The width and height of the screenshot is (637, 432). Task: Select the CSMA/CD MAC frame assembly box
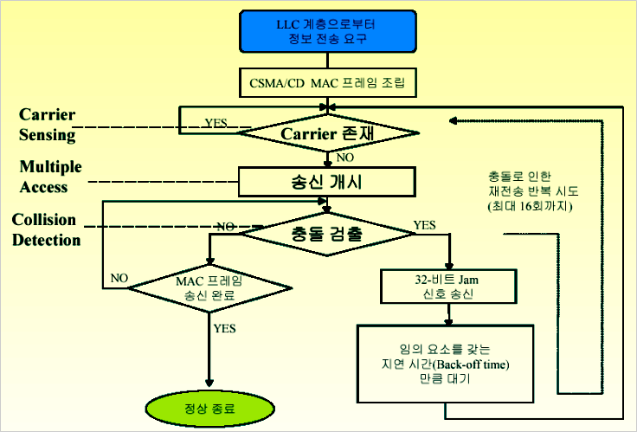pos(327,84)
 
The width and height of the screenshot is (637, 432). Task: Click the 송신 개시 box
pos(327,181)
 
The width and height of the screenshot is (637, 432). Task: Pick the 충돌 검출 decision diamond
pos(327,232)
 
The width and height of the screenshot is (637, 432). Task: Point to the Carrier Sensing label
pos(47,125)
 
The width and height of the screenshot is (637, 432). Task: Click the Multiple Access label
pos(50,176)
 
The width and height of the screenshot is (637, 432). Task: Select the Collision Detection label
pos(46,229)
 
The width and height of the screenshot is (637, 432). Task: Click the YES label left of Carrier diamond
pos(216,123)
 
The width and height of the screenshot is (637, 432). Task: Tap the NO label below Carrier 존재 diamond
pos(344,158)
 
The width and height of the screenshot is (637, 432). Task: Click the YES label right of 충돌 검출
pos(425,225)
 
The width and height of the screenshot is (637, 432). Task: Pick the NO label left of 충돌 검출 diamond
pos(226,226)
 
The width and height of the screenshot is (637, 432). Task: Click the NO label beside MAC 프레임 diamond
pos(119,279)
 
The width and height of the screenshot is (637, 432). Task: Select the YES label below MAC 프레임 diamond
pos(224,328)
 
